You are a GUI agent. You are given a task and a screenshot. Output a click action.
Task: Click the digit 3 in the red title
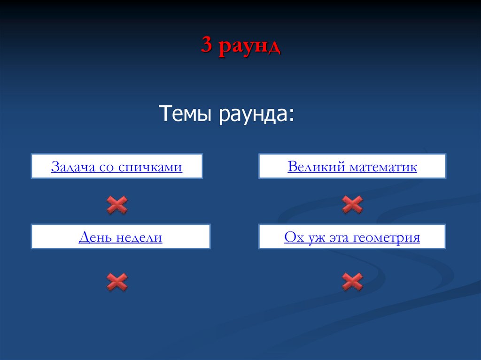(x=207, y=46)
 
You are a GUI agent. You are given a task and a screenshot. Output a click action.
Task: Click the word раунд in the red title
(x=249, y=47)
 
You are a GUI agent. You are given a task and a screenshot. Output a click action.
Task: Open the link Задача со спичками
(x=116, y=167)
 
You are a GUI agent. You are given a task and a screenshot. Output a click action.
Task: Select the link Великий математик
(x=352, y=167)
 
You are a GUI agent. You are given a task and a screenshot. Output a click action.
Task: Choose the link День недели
(x=120, y=237)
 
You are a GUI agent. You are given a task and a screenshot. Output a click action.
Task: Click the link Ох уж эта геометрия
(x=352, y=237)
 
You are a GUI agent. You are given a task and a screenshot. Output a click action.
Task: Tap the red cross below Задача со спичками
(x=117, y=205)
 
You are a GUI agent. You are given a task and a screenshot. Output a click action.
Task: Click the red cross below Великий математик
(x=352, y=204)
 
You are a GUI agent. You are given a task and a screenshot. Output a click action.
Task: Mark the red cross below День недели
(x=117, y=282)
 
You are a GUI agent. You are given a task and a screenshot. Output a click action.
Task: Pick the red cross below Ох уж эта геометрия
(x=352, y=281)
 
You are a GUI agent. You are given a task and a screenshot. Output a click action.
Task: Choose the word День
(x=94, y=238)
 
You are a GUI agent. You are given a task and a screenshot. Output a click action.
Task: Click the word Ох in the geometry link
(x=293, y=238)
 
